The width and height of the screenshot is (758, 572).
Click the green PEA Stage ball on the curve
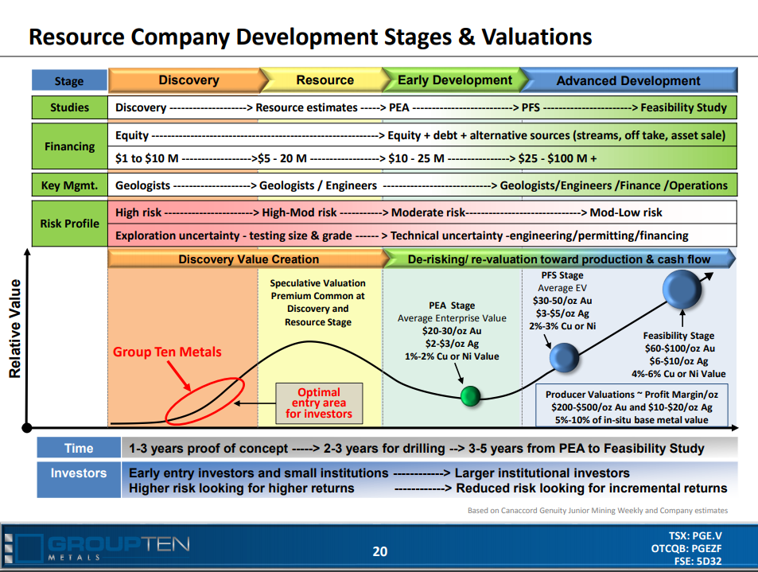point(470,396)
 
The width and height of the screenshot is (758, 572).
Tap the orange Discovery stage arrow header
point(189,80)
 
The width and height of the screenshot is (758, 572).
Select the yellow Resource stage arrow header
point(325,80)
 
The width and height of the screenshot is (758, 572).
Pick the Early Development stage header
point(454,80)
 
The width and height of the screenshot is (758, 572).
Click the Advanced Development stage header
point(628,80)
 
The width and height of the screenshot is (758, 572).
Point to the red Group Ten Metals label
point(167,352)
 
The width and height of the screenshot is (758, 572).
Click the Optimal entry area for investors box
point(319,403)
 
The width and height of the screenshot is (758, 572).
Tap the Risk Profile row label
point(70,224)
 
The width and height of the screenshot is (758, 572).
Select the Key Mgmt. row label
point(70,185)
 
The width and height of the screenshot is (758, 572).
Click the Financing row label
point(70,146)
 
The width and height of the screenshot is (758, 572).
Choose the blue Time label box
point(79,448)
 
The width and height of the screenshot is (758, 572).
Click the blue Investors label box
point(79,480)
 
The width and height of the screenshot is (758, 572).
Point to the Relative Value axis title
point(15,329)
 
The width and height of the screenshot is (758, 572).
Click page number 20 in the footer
point(380,551)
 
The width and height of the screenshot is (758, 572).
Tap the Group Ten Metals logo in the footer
point(97,548)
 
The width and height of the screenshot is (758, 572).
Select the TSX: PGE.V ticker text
point(695,535)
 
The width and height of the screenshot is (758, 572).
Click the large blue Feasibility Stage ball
point(682,289)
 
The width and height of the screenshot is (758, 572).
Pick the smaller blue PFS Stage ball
point(564,357)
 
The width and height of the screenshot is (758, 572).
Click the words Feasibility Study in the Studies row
point(683,107)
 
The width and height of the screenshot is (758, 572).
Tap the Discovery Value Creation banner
point(248,259)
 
